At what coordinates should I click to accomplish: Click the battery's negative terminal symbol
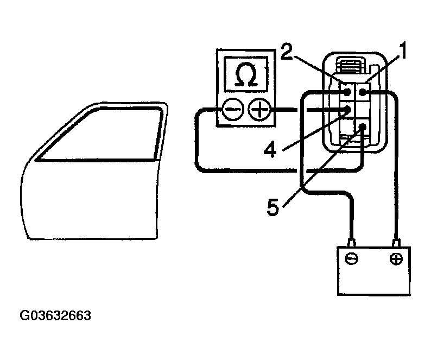coord(352,258)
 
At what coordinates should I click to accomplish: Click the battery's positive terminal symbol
coord(396,258)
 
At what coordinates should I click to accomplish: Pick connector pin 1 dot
coord(362,93)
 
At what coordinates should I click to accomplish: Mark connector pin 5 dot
coord(362,128)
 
